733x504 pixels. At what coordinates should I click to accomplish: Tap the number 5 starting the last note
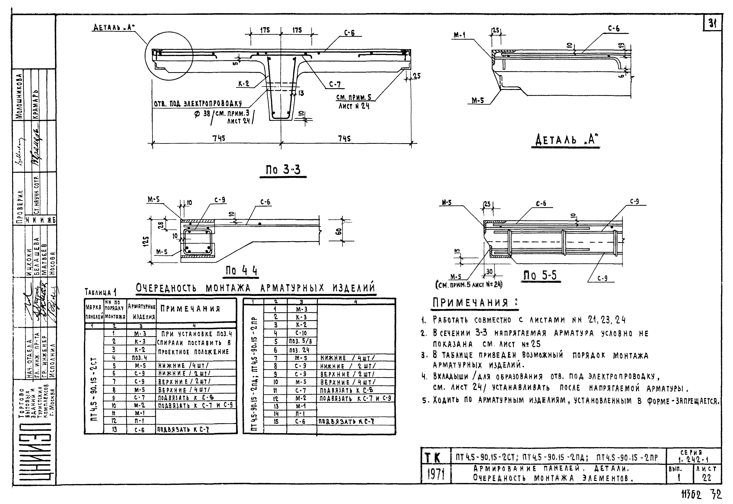(x=425, y=401)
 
